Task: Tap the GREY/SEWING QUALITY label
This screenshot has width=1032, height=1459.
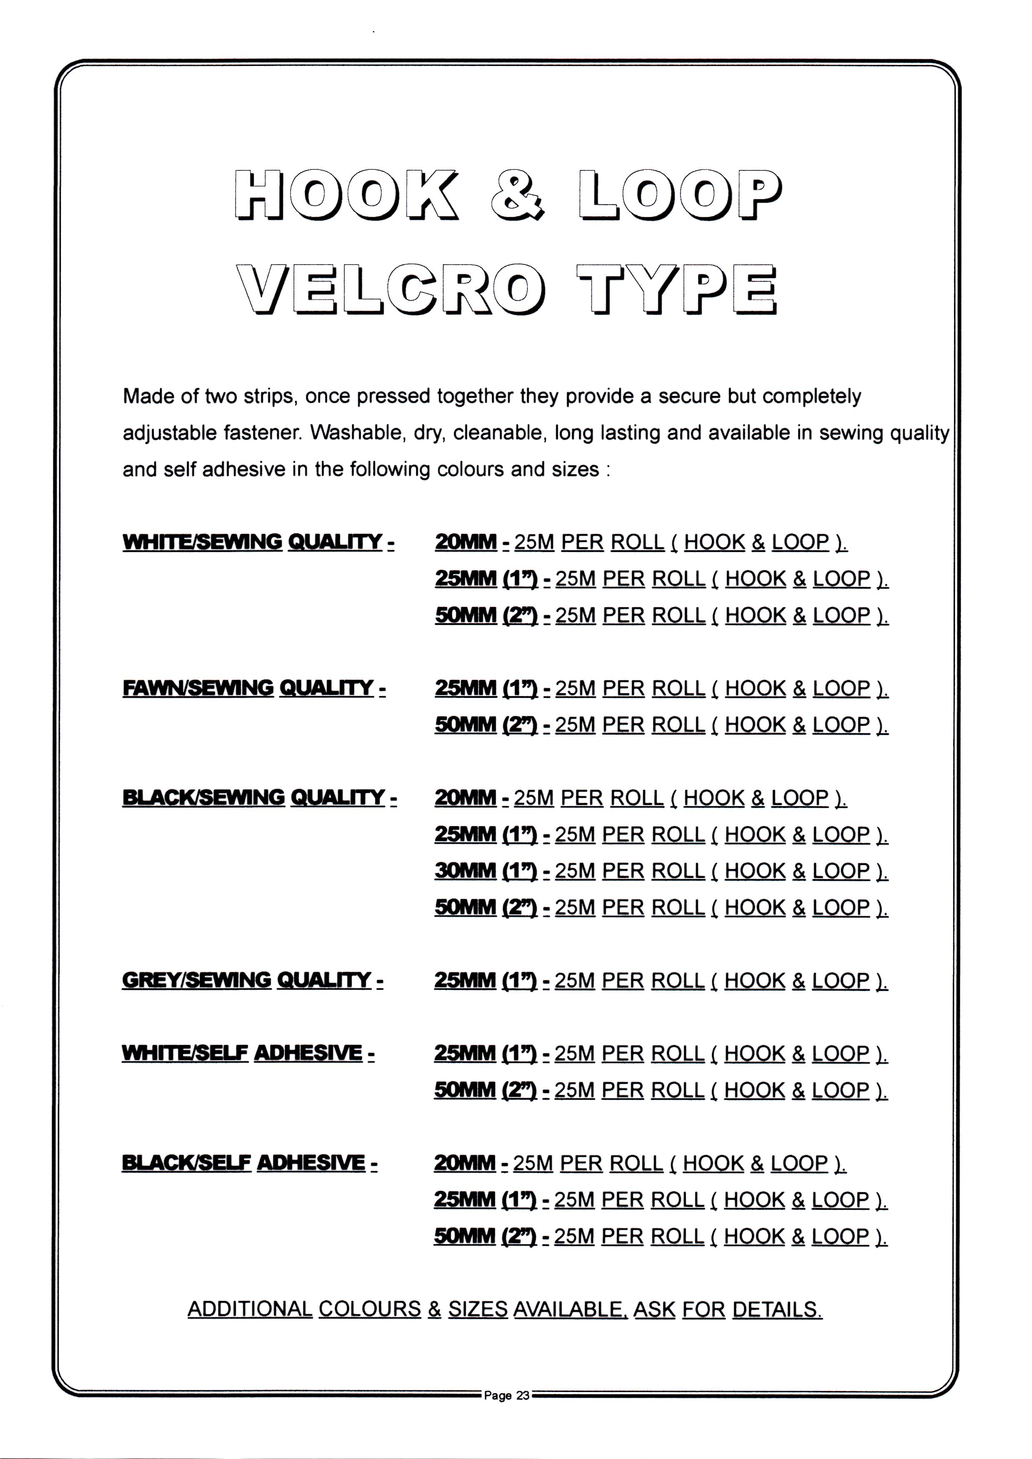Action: (252, 980)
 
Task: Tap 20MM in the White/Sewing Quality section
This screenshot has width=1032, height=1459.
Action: (466, 542)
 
